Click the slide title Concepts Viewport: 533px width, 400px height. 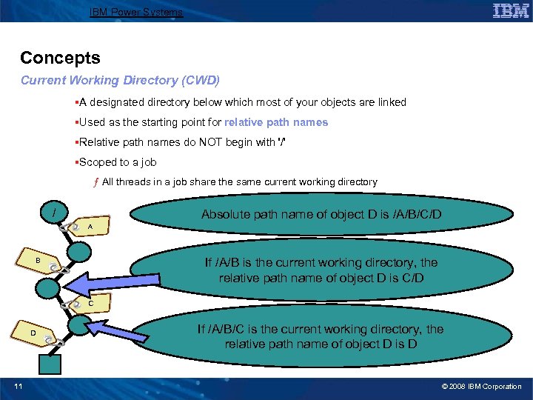click(x=60, y=58)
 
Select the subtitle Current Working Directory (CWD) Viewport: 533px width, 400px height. click(x=120, y=79)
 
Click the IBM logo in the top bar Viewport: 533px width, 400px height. click(x=510, y=11)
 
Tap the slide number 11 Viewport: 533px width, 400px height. click(x=18, y=386)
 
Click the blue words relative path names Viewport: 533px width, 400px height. click(x=276, y=122)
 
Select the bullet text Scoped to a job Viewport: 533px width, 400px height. click(x=117, y=162)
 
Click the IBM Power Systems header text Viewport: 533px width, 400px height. click(x=135, y=12)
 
